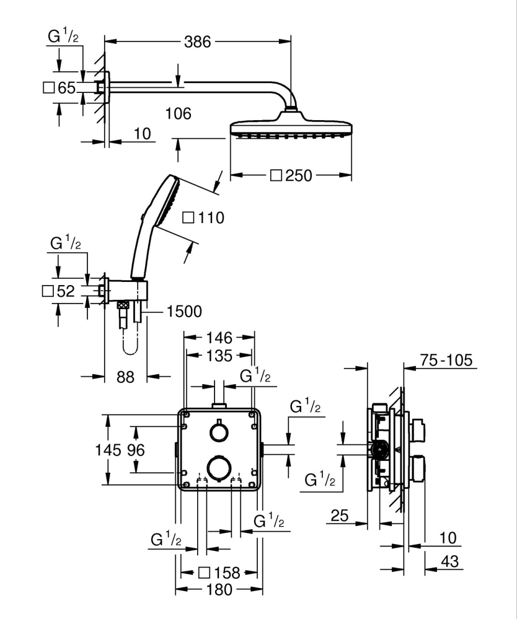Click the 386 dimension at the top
197,42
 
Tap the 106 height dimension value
179,114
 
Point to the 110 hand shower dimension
203,217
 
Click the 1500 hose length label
183,311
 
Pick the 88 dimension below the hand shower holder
125,377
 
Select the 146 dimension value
219,338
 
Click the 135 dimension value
219,356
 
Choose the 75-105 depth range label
446,360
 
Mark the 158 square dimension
218,573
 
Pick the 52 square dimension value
59,291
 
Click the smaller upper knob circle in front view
218,431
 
